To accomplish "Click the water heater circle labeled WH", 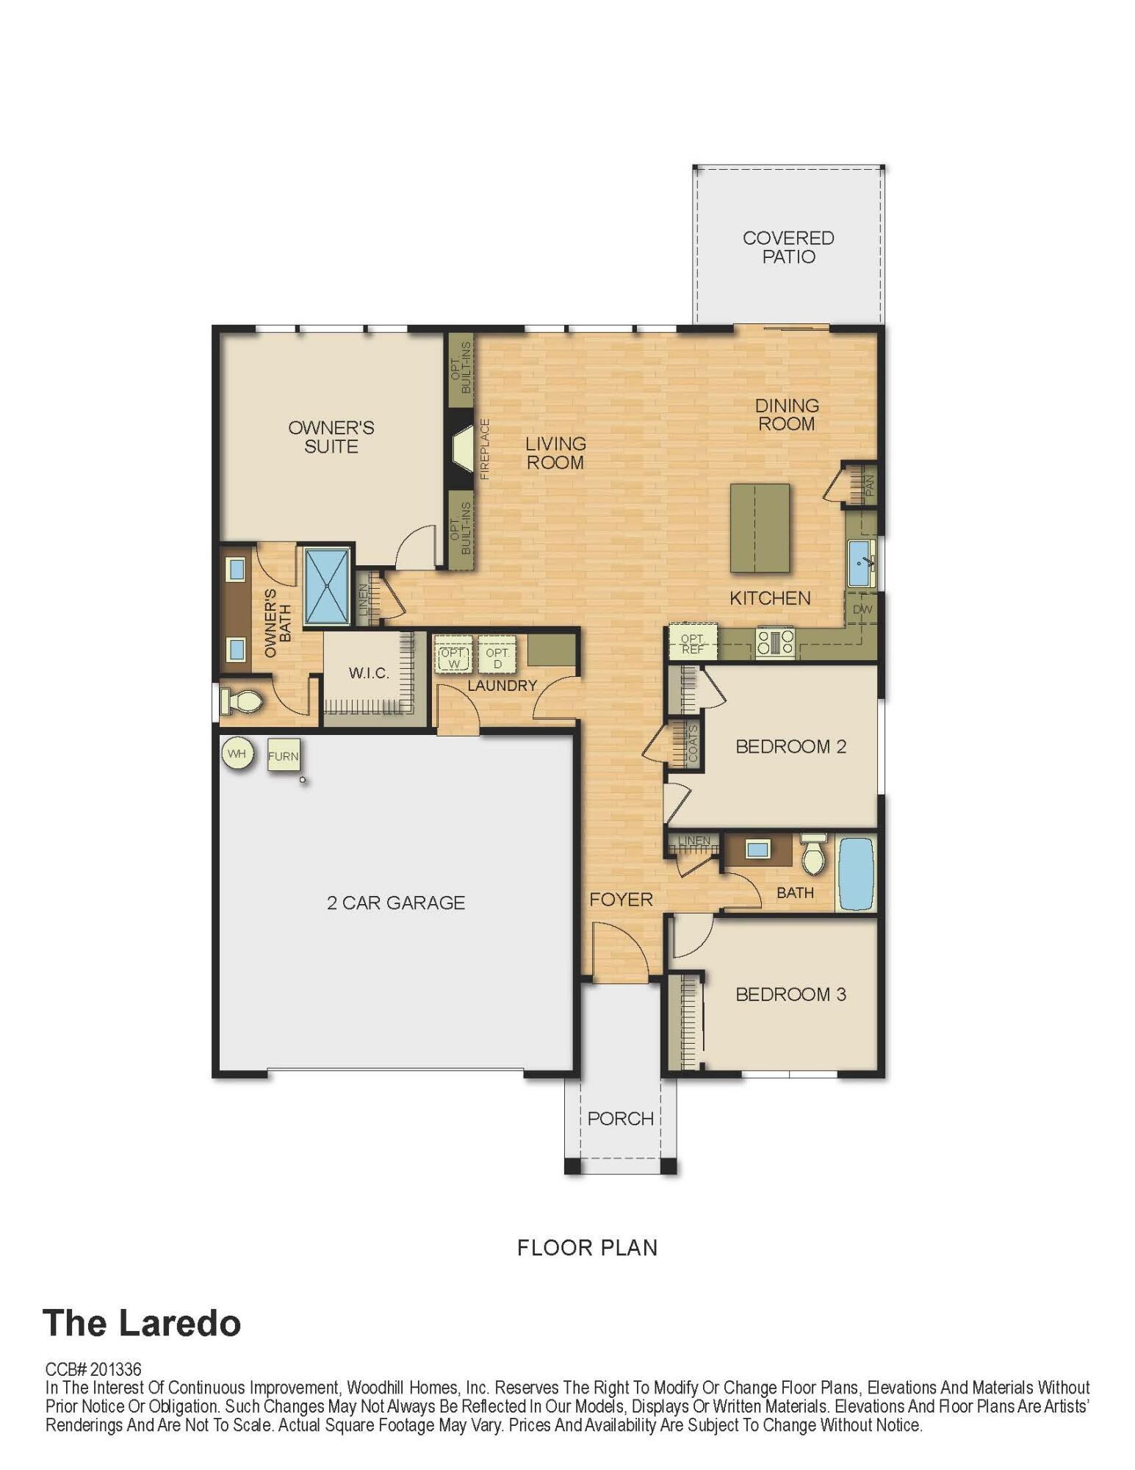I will tap(237, 754).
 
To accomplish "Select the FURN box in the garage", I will tap(283, 756).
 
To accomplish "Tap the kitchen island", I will tap(760, 528).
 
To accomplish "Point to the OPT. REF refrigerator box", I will tap(692, 644).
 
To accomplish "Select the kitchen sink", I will tap(860, 563).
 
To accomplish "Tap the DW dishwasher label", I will tap(862, 609).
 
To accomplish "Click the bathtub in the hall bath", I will tap(856, 874).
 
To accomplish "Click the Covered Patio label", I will tap(788, 247).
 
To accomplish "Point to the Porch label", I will tap(620, 1119).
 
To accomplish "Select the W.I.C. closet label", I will tap(369, 673).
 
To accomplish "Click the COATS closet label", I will tap(692, 745).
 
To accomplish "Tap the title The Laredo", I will tap(142, 1323).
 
